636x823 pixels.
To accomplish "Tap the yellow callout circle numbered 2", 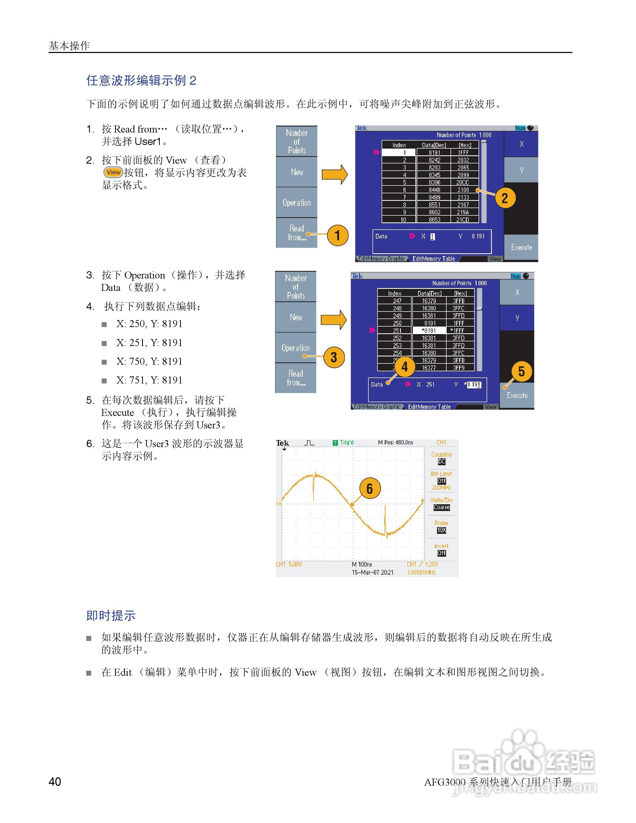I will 505,198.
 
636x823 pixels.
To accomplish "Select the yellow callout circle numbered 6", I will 370,488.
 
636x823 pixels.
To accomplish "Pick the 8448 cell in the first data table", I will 434,190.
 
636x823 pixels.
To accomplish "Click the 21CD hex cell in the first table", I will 463,220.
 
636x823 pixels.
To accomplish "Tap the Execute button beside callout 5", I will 517,395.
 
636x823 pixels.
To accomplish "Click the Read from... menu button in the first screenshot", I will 297,233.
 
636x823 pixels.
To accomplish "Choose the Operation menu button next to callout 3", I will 296,348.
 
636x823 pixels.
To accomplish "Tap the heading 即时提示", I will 111,616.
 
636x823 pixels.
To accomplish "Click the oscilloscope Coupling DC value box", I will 442,462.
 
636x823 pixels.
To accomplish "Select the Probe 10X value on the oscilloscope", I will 442,530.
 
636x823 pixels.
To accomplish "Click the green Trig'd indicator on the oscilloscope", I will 344,442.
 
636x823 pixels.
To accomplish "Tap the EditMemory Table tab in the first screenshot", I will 434,259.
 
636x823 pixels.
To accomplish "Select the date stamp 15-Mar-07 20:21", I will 372,572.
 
